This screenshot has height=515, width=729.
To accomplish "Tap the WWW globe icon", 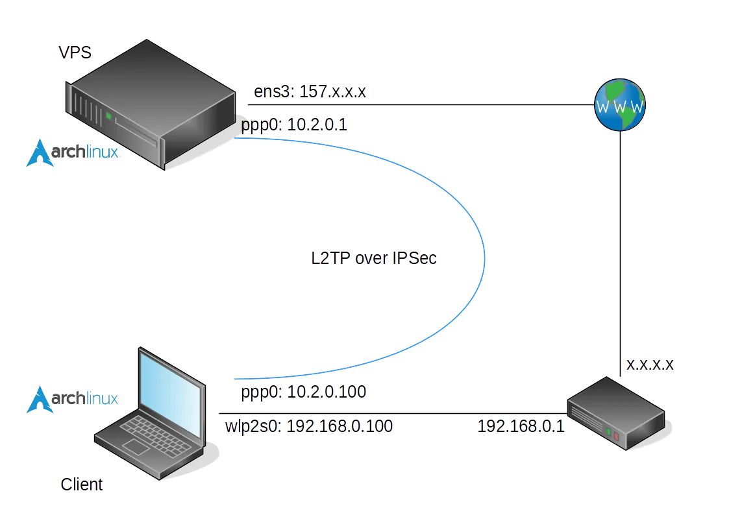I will (621, 106).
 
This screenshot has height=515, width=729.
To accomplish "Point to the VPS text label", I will (75, 52).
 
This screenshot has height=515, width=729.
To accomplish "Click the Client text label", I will (82, 484).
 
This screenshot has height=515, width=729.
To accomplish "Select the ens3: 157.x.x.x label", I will (310, 91).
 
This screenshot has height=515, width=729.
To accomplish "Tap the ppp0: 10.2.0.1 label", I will (294, 125).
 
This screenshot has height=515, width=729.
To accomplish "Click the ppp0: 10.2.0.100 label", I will (303, 392).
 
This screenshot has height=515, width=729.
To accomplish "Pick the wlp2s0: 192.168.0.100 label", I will (309, 426).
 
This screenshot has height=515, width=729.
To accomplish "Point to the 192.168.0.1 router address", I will (521, 426).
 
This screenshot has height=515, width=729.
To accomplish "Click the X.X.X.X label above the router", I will (650, 365).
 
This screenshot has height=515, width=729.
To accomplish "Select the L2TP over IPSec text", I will (375, 258).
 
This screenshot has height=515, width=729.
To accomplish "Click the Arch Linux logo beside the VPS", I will (72, 153).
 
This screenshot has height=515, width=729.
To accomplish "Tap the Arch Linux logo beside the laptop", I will (72, 399).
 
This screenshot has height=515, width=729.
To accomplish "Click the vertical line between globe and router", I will (621, 246).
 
